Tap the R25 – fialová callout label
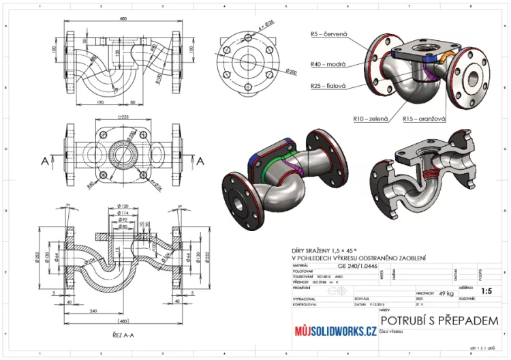pyautogui.click(x=329, y=87)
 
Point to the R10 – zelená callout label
pyautogui.click(x=371, y=119)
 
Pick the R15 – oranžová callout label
pyautogui.click(x=423, y=119)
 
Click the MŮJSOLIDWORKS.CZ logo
pyautogui.click(x=335, y=331)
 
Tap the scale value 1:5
pyautogui.click(x=486, y=290)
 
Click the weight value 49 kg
pyautogui.click(x=446, y=292)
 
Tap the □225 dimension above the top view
pyautogui.click(x=123, y=117)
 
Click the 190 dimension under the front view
pyautogui.click(x=99, y=102)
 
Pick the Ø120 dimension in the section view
pyautogui.click(x=123, y=205)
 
